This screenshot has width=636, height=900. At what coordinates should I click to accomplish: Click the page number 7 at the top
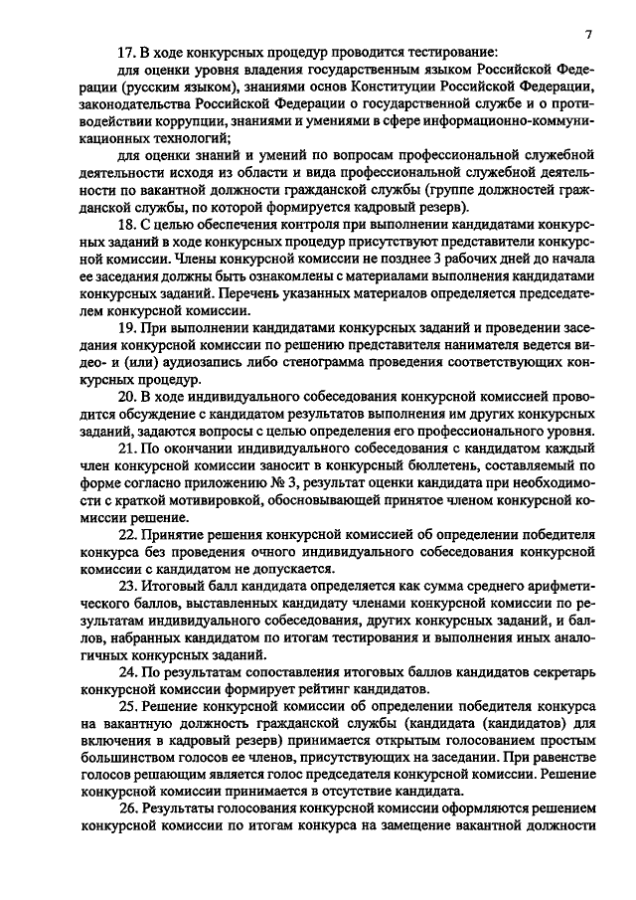click(x=588, y=35)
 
